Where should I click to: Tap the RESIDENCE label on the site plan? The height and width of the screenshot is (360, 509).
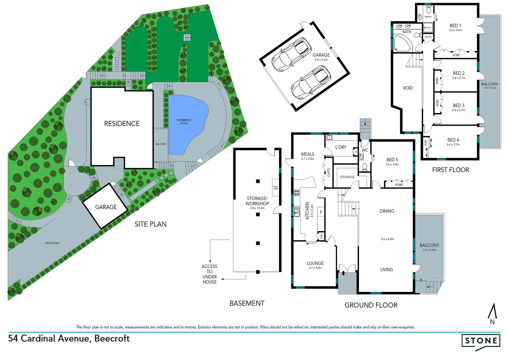coord(122,124)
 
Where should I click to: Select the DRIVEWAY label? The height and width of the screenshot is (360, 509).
coord(52,243)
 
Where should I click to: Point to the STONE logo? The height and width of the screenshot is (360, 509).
coord(481,341)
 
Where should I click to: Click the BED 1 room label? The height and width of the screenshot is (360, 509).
coord(455,26)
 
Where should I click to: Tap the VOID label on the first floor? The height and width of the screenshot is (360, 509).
coord(407,88)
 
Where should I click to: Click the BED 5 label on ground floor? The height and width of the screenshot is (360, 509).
coord(392,160)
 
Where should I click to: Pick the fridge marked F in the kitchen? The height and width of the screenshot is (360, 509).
coord(321,212)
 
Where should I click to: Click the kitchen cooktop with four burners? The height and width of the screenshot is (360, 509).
coord(296,192)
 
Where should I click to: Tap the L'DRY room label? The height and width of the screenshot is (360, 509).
coord(341,147)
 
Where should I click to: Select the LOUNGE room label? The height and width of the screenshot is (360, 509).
coord(315,263)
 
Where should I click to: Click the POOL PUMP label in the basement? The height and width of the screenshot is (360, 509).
coord(275,188)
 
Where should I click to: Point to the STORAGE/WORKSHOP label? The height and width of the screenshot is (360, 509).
coord(257,201)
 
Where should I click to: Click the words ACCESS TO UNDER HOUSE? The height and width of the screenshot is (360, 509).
coord(210,274)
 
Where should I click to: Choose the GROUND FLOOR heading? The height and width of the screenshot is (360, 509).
coord(371,305)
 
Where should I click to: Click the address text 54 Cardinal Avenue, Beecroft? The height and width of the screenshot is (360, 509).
coord(69,338)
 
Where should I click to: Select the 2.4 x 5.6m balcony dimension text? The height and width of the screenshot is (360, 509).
coord(429,250)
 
